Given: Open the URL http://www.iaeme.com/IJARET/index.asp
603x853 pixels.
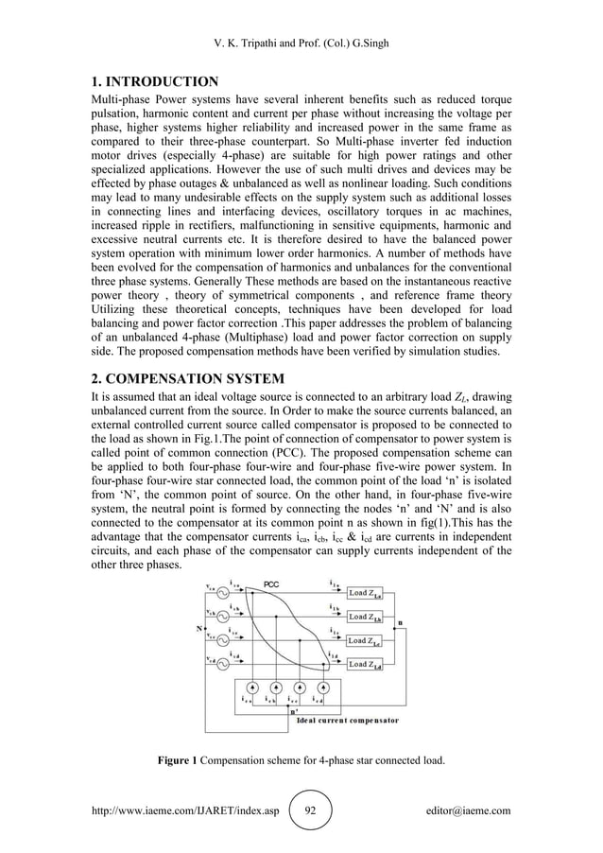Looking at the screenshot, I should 185,810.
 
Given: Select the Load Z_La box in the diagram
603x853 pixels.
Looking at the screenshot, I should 370,593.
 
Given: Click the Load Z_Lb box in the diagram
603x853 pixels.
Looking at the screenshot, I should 370,617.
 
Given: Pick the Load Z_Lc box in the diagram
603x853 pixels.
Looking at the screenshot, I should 370,640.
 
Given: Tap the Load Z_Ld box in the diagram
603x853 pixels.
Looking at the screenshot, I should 370,664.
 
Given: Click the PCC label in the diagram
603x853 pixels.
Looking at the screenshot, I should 270,584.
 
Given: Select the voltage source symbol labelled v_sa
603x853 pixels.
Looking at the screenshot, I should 225,594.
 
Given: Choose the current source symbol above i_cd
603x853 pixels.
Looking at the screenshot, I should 324,688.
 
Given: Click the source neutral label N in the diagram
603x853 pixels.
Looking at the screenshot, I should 199,626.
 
